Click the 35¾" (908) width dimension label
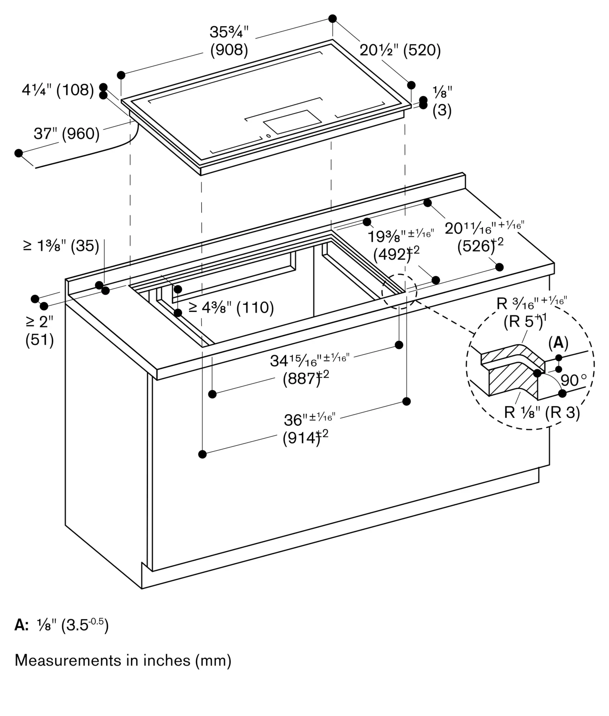tap(229, 41)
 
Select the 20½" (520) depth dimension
tap(400, 50)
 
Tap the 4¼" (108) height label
tap(58, 90)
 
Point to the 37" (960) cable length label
tap(67, 134)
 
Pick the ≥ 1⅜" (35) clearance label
tap(61, 246)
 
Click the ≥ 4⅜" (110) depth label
tap(231, 308)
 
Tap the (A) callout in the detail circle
tap(558, 343)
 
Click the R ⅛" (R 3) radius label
tap(542, 413)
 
